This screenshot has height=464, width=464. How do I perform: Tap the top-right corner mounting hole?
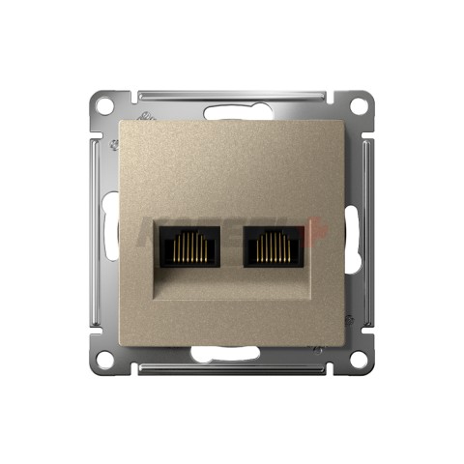coord(361,104)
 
